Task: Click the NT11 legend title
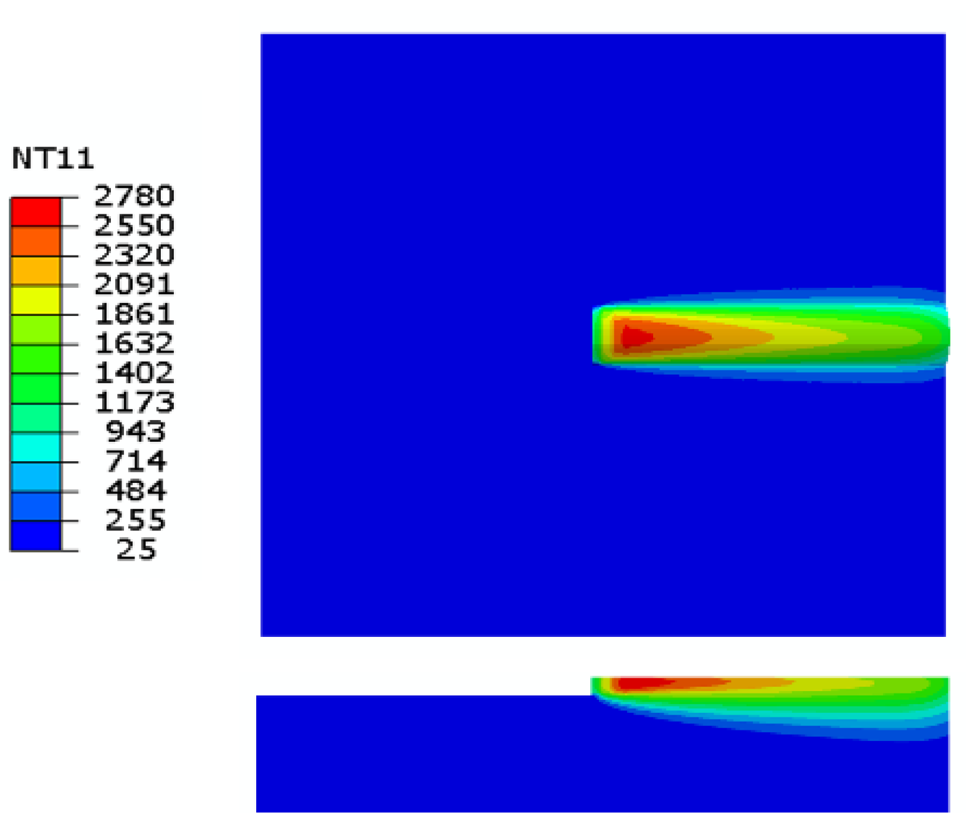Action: [53, 158]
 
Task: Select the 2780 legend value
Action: [134, 196]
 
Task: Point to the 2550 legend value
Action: [134, 226]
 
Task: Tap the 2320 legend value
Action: [134, 255]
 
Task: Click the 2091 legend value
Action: [134, 285]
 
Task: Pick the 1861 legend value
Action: [134, 314]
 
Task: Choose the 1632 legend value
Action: [134, 343]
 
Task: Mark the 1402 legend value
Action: [134, 373]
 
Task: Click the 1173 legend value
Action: [134, 403]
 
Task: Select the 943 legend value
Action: [136, 432]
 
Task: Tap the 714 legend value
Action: [136, 462]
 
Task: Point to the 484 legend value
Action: [136, 491]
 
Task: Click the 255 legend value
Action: [136, 520]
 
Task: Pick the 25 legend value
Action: [136, 550]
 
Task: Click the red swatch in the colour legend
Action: [36, 212]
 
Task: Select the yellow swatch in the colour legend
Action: [36, 300]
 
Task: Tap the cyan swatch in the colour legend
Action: [36, 447]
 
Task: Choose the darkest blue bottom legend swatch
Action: [36, 536]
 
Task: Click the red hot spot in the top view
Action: [636, 337]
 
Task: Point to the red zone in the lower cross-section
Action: [642, 683]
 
